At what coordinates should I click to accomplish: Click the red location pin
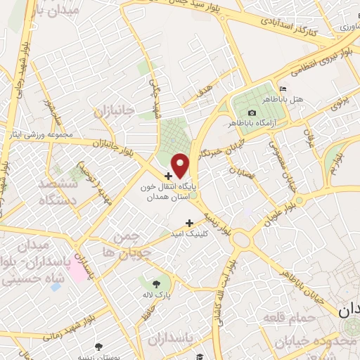coord(180,165)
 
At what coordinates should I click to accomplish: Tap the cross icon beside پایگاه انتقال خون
coord(169,176)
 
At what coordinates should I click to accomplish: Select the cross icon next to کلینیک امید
coord(188,223)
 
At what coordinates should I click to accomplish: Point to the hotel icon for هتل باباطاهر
coord(283,89)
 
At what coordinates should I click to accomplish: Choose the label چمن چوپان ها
coord(127,243)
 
